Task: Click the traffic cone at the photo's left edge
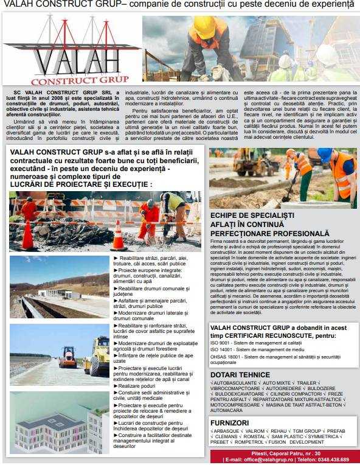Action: click(27, 234)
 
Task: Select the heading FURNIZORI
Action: click(229, 422)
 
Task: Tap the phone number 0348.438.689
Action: click(332, 460)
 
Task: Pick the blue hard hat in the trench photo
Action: click(325, 155)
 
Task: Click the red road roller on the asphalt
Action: click(67, 357)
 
